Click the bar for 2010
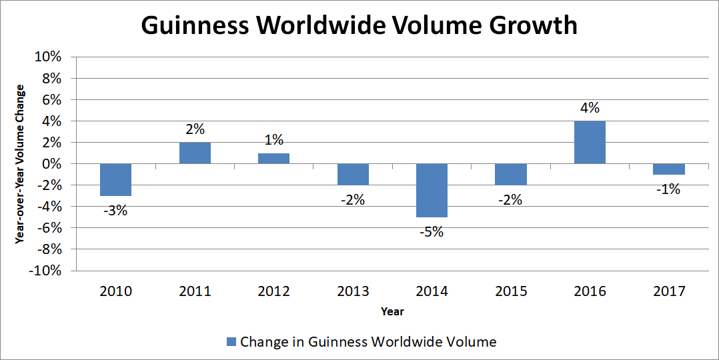point(115,180)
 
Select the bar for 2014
point(432,191)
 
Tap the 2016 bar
point(590,143)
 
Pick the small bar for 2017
point(668,169)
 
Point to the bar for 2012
point(273,159)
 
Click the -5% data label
point(432,233)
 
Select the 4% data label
point(590,108)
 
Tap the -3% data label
point(115,211)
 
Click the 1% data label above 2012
point(273,140)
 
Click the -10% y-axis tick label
point(43,271)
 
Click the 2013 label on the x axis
point(353,291)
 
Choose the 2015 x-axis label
point(511,291)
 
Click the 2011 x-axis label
point(195,291)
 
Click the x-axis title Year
point(392,311)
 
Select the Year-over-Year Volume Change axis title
point(20,164)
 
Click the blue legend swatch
point(231,342)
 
